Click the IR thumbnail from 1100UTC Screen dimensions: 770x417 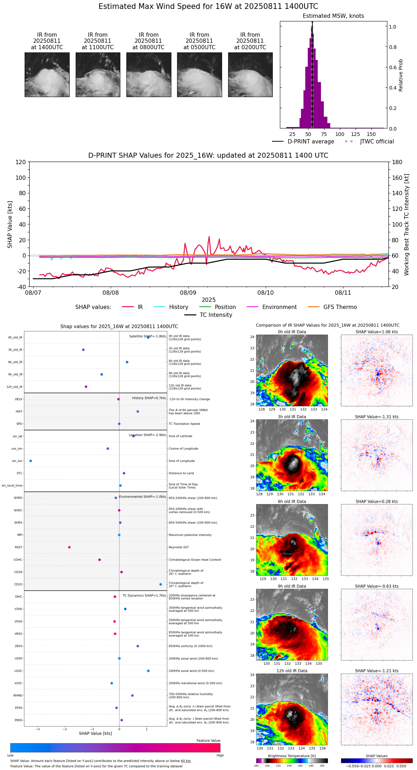coord(98,75)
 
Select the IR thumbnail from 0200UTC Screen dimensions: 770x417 coord(250,75)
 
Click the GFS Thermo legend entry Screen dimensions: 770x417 coord(340,307)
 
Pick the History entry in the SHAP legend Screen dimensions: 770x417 coord(179,307)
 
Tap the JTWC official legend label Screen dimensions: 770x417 coord(377,142)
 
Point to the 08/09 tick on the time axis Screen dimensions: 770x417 coord(188,293)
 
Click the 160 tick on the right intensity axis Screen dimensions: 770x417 coord(397,178)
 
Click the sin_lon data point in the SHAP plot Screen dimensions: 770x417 coord(31,461)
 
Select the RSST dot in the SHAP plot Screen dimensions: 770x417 coord(69,547)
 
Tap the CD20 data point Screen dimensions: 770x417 coord(161,584)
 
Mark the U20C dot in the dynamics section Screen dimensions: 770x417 coord(148,671)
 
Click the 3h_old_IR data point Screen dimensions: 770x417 coord(83,350)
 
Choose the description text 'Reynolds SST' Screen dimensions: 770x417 coord(179,547)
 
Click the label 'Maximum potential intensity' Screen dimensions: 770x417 coord(190,535)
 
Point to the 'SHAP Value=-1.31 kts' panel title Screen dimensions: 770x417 coord(377,417)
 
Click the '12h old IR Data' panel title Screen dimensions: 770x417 coord(292,671)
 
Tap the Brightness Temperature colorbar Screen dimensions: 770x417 coord(292,761)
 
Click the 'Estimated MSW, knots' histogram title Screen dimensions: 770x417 coord(333,16)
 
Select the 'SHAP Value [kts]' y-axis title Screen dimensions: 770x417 coord(10,224)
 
